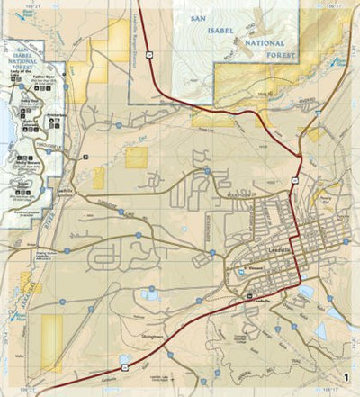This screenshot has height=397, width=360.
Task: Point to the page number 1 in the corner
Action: point(346,377)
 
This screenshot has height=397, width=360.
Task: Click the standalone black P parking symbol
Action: point(86,157)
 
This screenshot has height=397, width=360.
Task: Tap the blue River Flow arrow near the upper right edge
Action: point(340,63)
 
